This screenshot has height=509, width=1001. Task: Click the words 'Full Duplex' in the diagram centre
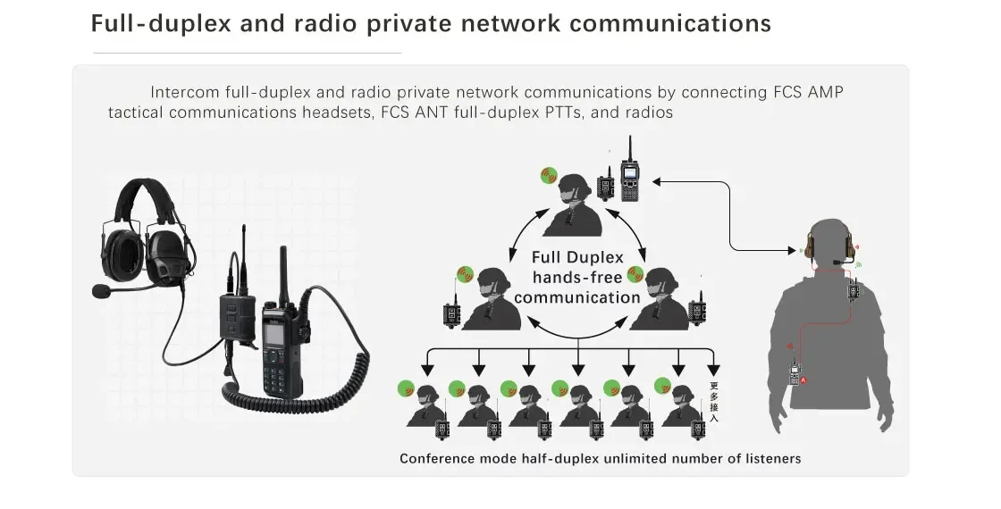coord(577,258)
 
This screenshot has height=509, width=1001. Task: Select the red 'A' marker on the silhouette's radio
coord(803,380)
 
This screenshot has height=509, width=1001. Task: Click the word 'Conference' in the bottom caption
coord(439,459)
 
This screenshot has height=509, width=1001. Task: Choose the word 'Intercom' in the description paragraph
coord(183,92)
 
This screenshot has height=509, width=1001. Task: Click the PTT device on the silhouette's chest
coord(854,289)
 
